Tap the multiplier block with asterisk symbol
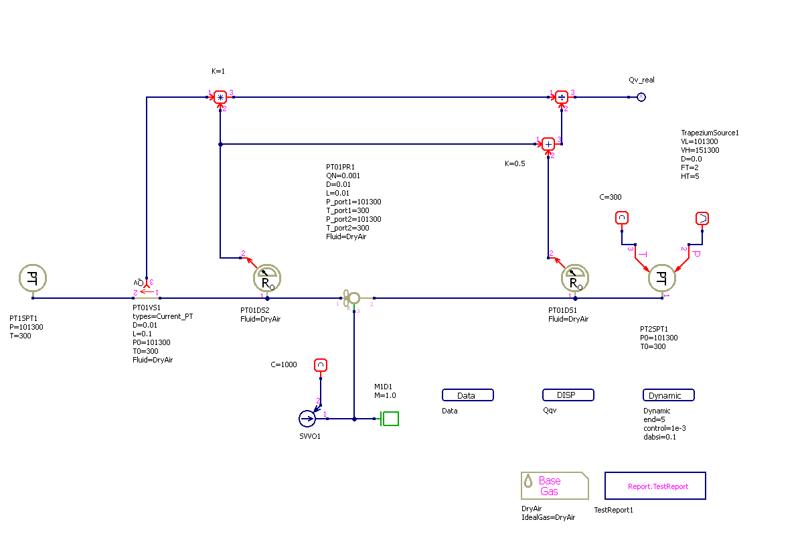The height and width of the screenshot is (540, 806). click(221, 97)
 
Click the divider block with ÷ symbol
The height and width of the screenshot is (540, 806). click(562, 97)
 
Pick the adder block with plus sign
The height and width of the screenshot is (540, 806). click(548, 143)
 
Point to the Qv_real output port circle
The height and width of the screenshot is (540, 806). click(641, 97)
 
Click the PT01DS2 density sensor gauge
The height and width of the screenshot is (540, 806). click(266, 278)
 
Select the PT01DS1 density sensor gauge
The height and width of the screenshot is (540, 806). click(574, 278)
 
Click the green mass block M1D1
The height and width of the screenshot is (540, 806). click(390, 419)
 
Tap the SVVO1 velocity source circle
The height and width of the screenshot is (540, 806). click(307, 419)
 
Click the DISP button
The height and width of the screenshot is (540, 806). click(568, 395)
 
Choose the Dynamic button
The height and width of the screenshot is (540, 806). click(668, 395)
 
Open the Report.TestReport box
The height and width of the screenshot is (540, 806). click(655, 486)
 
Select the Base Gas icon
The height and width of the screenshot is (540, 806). click(554, 486)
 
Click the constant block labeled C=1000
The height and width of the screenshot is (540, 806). click(321, 365)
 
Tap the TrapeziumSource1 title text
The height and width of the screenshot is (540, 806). click(710, 133)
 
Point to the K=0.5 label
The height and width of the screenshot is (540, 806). click(515, 163)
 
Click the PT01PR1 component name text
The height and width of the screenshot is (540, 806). click(340, 167)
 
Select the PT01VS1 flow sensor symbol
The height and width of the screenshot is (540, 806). click(146, 289)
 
